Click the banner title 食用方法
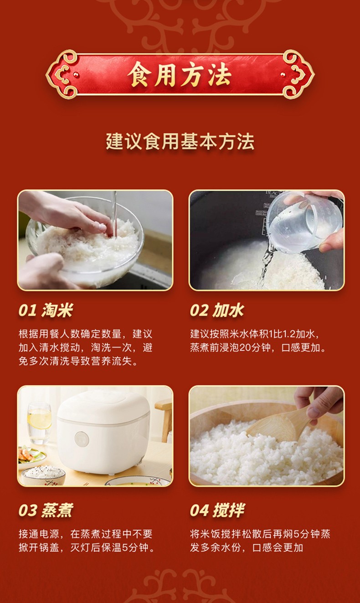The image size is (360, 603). pos(180,75)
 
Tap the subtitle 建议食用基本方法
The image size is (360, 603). pos(180,141)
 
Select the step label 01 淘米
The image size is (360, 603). pos(46,310)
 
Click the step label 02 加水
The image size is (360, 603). pos(217,310)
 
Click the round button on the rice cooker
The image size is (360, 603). pos(82,439)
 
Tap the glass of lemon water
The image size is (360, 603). pos(39,423)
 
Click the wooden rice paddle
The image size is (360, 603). pos(280,425)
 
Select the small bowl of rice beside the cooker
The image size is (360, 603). pos(43,475)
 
